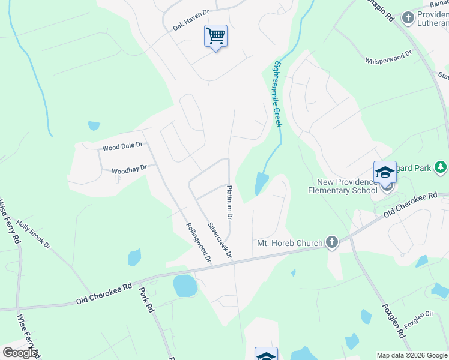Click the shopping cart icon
pos(215,36)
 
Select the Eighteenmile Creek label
pos(277,92)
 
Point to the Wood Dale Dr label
pos(122,145)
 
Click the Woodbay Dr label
pos(129,170)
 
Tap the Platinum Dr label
pos(229,202)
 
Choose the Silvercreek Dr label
pos(220,241)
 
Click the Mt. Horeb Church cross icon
pos(331,242)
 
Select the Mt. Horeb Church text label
pos(289,243)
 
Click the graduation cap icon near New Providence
pos(385,173)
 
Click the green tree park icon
pos(441,166)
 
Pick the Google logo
pos(20,353)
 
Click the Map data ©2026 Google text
pos(411,355)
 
